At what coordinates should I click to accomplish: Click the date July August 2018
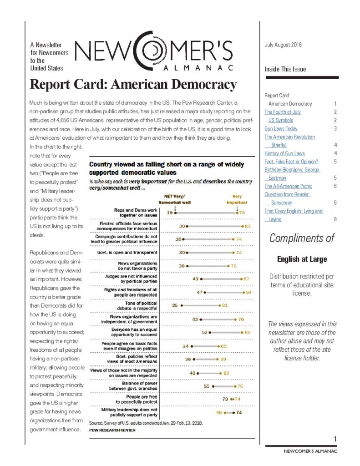283,45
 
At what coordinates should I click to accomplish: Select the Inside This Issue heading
285,69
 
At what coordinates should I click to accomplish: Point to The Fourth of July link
282,112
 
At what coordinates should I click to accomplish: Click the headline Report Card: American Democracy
133,85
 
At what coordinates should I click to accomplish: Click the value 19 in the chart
169,212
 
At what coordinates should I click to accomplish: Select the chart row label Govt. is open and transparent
129,252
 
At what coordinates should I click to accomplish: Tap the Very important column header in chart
237,199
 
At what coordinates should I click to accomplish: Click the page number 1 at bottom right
335,439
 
